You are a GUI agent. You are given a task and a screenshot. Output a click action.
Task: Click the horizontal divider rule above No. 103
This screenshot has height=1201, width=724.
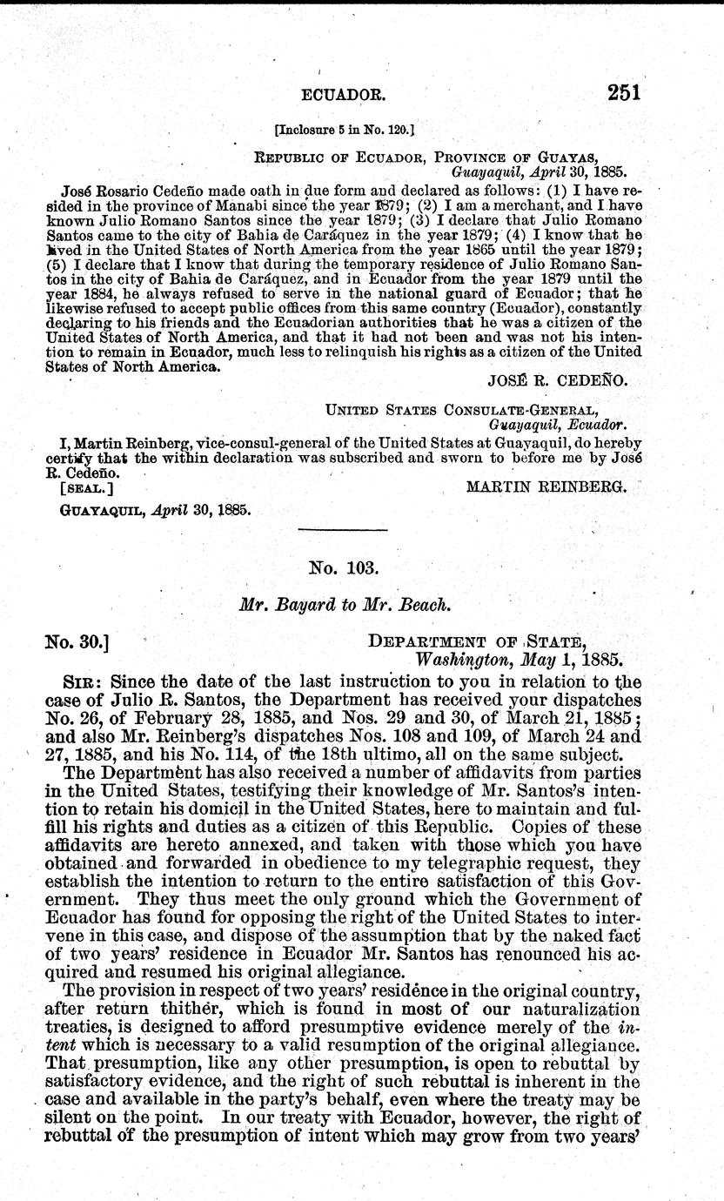(x=342, y=530)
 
